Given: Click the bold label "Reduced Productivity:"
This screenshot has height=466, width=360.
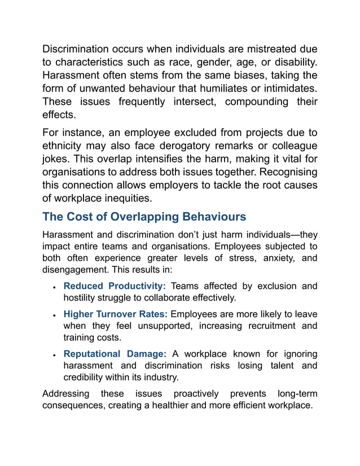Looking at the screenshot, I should point(115,286).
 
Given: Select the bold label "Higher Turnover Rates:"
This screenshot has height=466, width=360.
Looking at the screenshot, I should point(116,314).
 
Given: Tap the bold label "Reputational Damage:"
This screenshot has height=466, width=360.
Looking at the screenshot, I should point(115,354).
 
